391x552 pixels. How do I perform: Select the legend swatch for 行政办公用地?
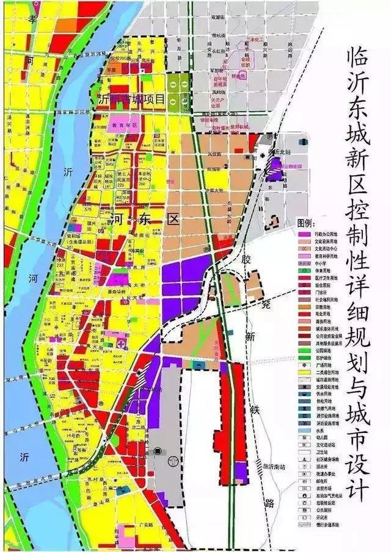[x=301, y=233]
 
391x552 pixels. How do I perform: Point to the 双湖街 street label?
[x=217, y=19]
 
